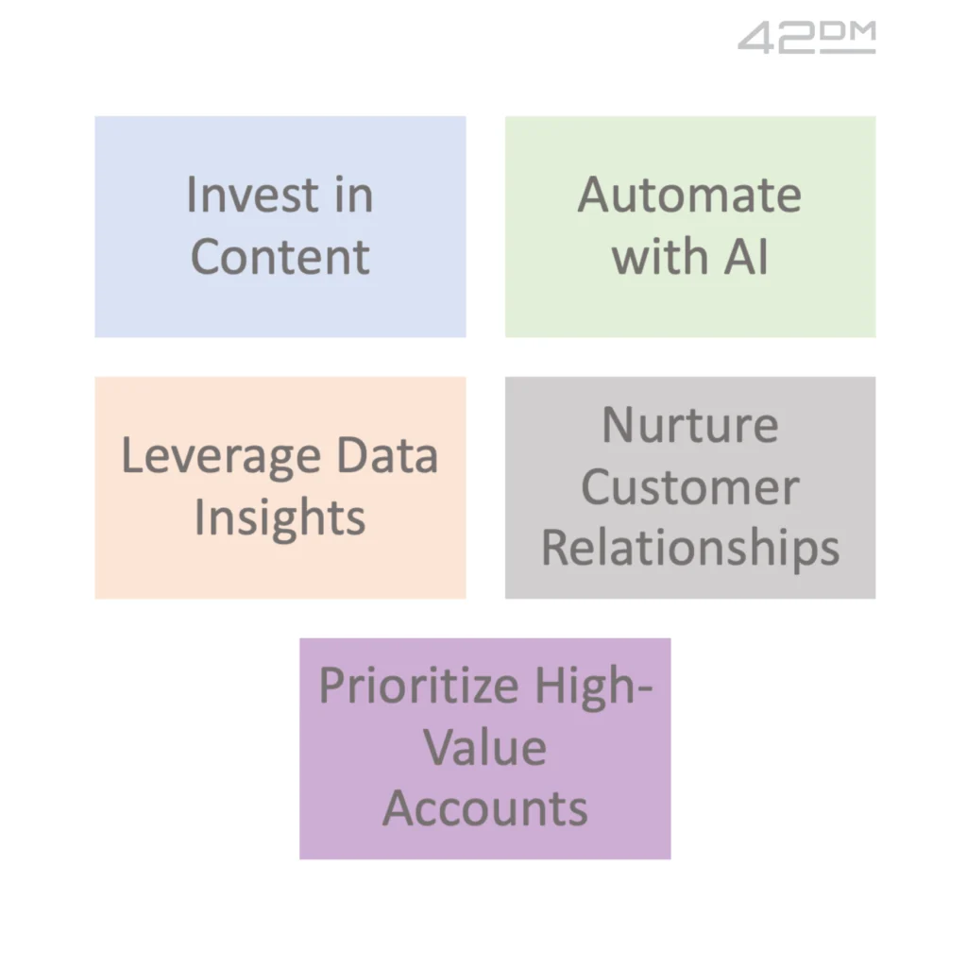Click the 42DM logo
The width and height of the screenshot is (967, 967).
[806, 38]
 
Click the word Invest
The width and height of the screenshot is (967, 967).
[252, 195]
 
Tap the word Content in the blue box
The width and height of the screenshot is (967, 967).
[280, 257]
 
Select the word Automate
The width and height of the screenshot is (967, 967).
[689, 195]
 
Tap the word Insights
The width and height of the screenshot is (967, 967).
[280, 518]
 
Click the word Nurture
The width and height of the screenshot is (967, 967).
[690, 425]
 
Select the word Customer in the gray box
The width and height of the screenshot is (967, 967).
[690, 486]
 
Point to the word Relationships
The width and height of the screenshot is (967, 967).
[690, 549]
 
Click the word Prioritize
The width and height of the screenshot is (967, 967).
[418, 686]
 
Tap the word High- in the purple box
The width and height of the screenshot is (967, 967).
[593, 687]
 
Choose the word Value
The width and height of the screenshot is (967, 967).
[484, 748]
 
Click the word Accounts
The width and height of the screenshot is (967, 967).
[484, 809]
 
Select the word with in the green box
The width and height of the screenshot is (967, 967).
[659, 257]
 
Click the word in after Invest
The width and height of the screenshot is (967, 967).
[354, 195]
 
